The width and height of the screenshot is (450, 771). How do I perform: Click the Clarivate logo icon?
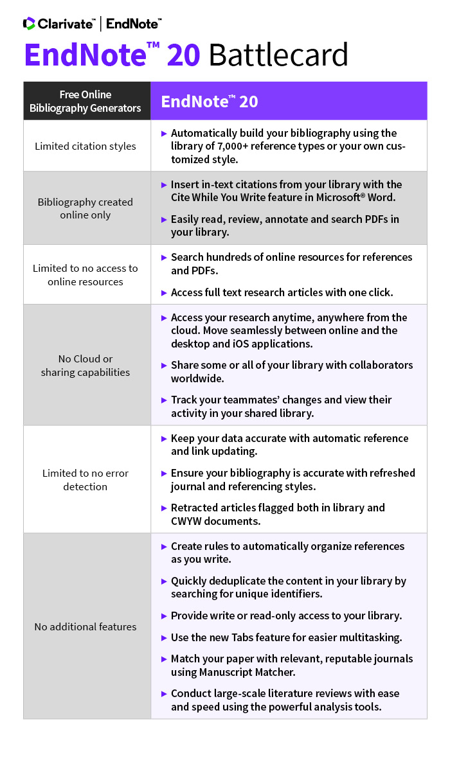(x=29, y=24)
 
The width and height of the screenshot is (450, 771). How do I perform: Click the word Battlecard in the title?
(x=278, y=56)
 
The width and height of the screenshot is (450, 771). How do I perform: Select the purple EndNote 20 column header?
(x=289, y=101)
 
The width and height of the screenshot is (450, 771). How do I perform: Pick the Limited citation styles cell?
(x=85, y=146)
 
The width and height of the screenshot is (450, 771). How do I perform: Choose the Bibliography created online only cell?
(x=85, y=208)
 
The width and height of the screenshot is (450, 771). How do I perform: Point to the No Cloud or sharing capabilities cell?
(x=85, y=365)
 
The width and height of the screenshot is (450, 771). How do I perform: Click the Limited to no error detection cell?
(x=85, y=479)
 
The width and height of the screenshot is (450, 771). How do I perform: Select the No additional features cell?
(x=85, y=626)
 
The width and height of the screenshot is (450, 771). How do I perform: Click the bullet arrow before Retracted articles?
(x=163, y=508)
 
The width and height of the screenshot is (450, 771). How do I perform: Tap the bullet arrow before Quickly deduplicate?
(x=163, y=581)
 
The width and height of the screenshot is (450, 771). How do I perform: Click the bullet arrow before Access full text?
(x=163, y=293)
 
